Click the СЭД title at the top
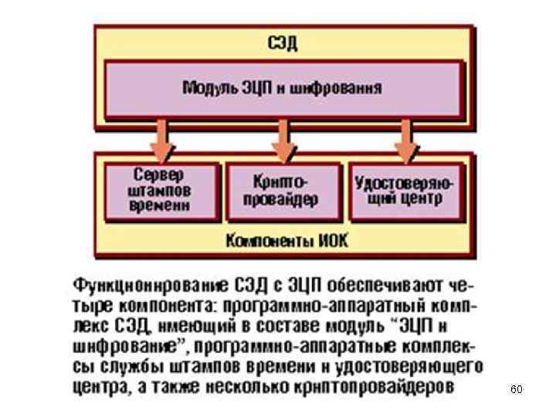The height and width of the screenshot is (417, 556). [x=282, y=43]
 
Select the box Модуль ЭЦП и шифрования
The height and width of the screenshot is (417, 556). [x=282, y=87]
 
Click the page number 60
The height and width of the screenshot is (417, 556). [x=516, y=390]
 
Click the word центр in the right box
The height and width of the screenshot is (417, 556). [x=422, y=198]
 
